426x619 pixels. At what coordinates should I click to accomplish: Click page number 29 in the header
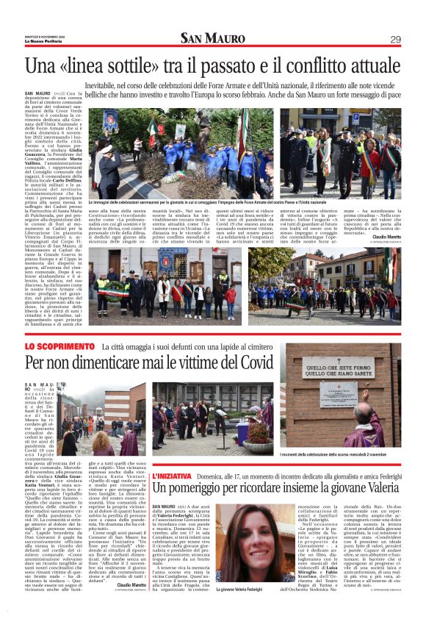[395, 39]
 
